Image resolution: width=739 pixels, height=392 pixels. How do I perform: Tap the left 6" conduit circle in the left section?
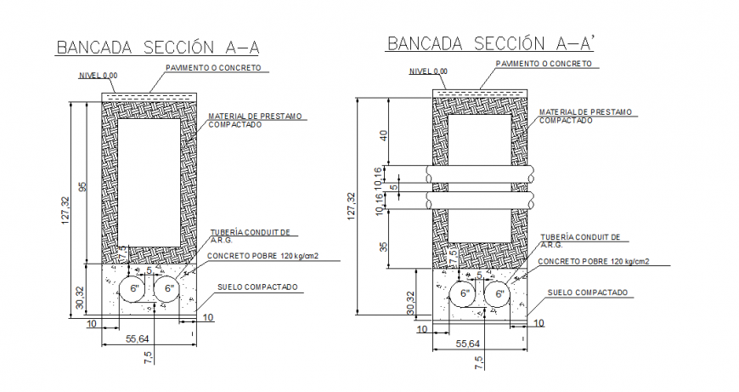[x=133, y=288]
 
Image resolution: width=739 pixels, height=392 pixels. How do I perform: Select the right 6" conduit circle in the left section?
[x=167, y=288]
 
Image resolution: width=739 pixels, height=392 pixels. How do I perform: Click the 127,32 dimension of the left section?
[x=65, y=212]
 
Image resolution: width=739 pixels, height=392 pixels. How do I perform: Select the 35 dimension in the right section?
[x=383, y=247]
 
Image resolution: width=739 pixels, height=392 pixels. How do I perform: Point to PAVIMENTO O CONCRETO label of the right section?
[x=544, y=64]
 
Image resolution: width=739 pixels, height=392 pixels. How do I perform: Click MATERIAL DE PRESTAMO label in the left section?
[x=255, y=116]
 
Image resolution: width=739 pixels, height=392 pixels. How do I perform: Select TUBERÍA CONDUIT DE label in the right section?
[x=579, y=237]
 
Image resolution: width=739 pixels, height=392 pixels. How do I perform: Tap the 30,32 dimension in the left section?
[x=79, y=296]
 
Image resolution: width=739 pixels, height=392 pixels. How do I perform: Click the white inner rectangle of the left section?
[x=148, y=181]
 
